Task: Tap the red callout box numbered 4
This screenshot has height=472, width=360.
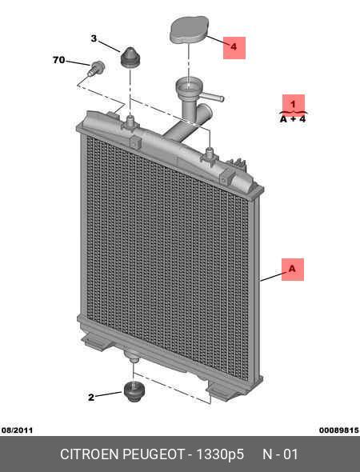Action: [x=234, y=48]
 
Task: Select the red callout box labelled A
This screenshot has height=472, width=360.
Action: [x=293, y=270]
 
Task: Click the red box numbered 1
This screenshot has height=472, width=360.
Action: [x=293, y=103]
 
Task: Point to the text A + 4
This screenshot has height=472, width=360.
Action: [x=293, y=119]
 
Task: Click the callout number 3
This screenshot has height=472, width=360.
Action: [x=94, y=38]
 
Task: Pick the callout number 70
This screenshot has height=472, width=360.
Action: [x=59, y=60]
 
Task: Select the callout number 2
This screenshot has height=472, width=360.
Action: [x=91, y=398]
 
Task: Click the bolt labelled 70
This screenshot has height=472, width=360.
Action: [x=96, y=69]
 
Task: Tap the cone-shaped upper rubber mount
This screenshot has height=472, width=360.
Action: [x=130, y=57]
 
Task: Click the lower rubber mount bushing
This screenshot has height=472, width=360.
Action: [x=134, y=391]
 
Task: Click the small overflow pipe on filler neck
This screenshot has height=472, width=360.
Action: [x=213, y=97]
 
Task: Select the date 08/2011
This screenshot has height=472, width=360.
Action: [x=17, y=430]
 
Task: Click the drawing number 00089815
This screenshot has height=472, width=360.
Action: [x=339, y=430]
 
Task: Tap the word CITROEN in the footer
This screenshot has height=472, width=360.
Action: [x=90, y=454]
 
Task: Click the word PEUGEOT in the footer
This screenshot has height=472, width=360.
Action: [x=154, y=454]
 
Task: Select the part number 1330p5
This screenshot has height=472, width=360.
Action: [x=220, y=454]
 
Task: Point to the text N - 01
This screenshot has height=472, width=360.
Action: [x=280, y=454]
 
